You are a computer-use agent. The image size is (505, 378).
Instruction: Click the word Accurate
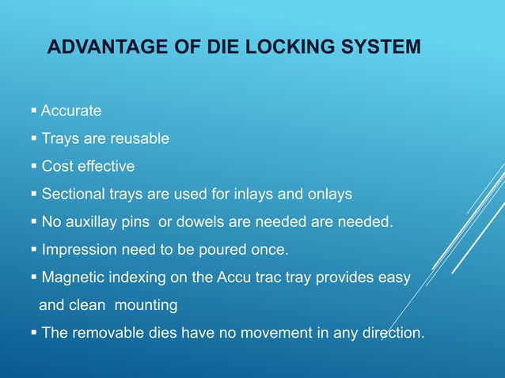coord(71,111)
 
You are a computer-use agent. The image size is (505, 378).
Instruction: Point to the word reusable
coord(139,138)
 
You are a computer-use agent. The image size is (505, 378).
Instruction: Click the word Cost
coord(57,166)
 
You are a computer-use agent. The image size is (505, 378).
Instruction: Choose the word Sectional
coord(73,194)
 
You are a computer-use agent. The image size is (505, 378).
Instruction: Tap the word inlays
coord(263,194)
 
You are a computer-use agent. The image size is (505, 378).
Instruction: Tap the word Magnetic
coord(74,278)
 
